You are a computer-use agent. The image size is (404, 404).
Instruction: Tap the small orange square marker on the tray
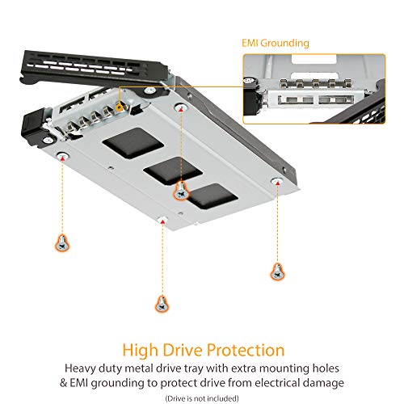coord(120,104)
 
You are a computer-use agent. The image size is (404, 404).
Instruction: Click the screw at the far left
coord(61,240)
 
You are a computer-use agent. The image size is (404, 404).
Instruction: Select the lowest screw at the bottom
coord(160,303)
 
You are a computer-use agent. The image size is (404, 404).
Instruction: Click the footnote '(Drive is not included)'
coord(202,398)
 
